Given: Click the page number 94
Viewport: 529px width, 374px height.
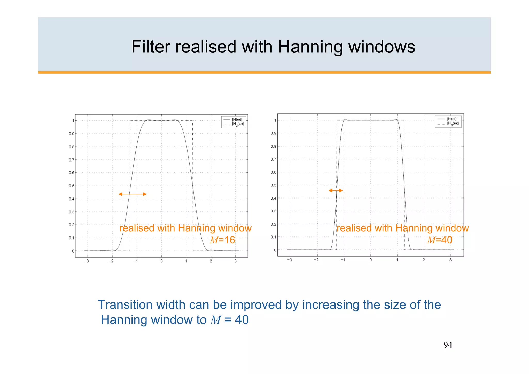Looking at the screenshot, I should (448, 345).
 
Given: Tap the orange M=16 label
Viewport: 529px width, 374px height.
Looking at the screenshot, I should (222, 240).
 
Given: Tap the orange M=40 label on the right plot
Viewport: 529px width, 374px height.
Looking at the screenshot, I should (440, 240).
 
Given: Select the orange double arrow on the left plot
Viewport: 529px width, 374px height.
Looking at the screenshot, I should (133, 194).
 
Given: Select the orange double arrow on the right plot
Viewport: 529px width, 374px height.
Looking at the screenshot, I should (336, 190).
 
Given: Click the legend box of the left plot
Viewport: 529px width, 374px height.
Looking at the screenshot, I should (233, 122).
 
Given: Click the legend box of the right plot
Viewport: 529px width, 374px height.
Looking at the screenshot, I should (448, 121).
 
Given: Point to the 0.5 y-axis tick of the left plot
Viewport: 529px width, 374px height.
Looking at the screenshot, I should (71, 186).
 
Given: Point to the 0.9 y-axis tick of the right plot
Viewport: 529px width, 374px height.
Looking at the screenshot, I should (273, 133).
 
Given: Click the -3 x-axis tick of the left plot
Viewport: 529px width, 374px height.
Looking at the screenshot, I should (87, 261).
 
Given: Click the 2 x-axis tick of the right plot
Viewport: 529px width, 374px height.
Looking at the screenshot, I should (424, 260).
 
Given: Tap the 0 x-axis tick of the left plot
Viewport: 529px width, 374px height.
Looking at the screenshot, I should (161, 261).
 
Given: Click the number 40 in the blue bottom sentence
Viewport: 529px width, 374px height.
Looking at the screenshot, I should (242, 320).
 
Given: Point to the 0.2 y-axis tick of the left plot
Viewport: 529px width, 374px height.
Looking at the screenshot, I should (71, 225).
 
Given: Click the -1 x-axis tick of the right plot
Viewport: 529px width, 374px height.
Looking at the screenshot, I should (343, 260).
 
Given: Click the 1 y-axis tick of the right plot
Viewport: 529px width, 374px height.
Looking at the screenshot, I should (275, 120).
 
